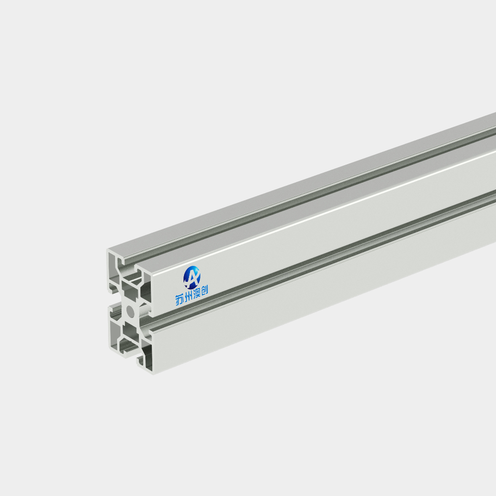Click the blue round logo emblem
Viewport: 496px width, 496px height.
point(191,277)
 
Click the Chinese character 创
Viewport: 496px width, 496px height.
point(204,290)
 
